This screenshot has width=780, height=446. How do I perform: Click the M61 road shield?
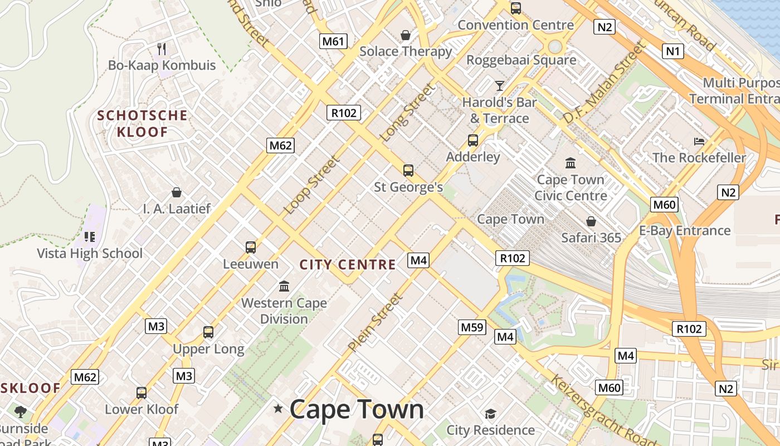[x=334, y=41]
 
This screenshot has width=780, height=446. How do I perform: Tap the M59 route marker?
[x=472, y=327]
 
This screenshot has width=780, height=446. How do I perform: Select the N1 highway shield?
[x=673, y=52]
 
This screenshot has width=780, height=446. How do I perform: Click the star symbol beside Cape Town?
[x=278, y=409]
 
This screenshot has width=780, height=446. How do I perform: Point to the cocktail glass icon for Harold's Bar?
[x=499, y=85]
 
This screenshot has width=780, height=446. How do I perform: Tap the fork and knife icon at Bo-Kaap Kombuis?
[x=162, y=49]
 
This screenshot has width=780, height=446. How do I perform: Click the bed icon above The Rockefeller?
[x=699, y=141]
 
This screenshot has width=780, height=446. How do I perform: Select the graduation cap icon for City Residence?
[x=490, y=414]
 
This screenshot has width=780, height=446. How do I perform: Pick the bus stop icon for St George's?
[x=408, y=171]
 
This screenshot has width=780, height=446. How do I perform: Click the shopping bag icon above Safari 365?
[x=591, y=221]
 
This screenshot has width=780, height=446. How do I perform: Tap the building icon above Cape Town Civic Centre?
[x=571, y=163]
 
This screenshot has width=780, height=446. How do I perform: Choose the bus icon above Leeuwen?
[x=251, y=247]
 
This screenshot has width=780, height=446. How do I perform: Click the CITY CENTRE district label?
[x=348, y=265]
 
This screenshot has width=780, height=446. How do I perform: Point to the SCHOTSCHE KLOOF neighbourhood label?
[x=142, y=124]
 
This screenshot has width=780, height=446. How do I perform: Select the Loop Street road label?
[x=311, y=185]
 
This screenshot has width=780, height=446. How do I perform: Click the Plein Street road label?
[x=374, y=323]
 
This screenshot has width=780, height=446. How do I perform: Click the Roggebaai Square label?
[x=521, y=60]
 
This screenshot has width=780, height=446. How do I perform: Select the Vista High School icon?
[x=90, y=237]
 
